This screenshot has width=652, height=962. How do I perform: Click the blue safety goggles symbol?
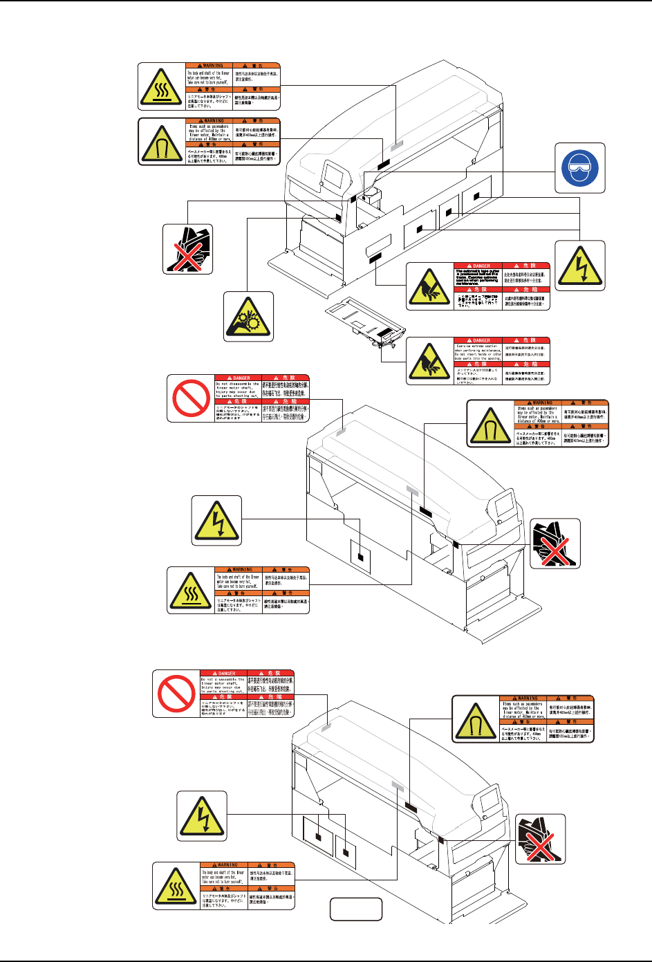click(580, 168)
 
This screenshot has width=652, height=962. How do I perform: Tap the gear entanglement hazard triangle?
click(248, 317)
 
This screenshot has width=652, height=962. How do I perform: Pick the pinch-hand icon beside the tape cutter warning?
click(429, 287)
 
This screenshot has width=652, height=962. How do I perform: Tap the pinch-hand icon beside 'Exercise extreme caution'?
click(429, 361)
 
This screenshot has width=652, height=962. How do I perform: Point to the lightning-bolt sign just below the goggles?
click(580, 266)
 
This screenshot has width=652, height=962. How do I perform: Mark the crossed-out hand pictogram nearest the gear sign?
click(188, 248)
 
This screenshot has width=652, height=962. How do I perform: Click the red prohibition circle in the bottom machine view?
click(176, 693)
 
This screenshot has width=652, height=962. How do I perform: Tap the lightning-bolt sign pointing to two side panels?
click(202, 816)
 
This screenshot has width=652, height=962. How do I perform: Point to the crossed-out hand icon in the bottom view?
click(541, 839)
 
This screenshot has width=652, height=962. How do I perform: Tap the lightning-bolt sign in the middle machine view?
click(217, 521)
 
